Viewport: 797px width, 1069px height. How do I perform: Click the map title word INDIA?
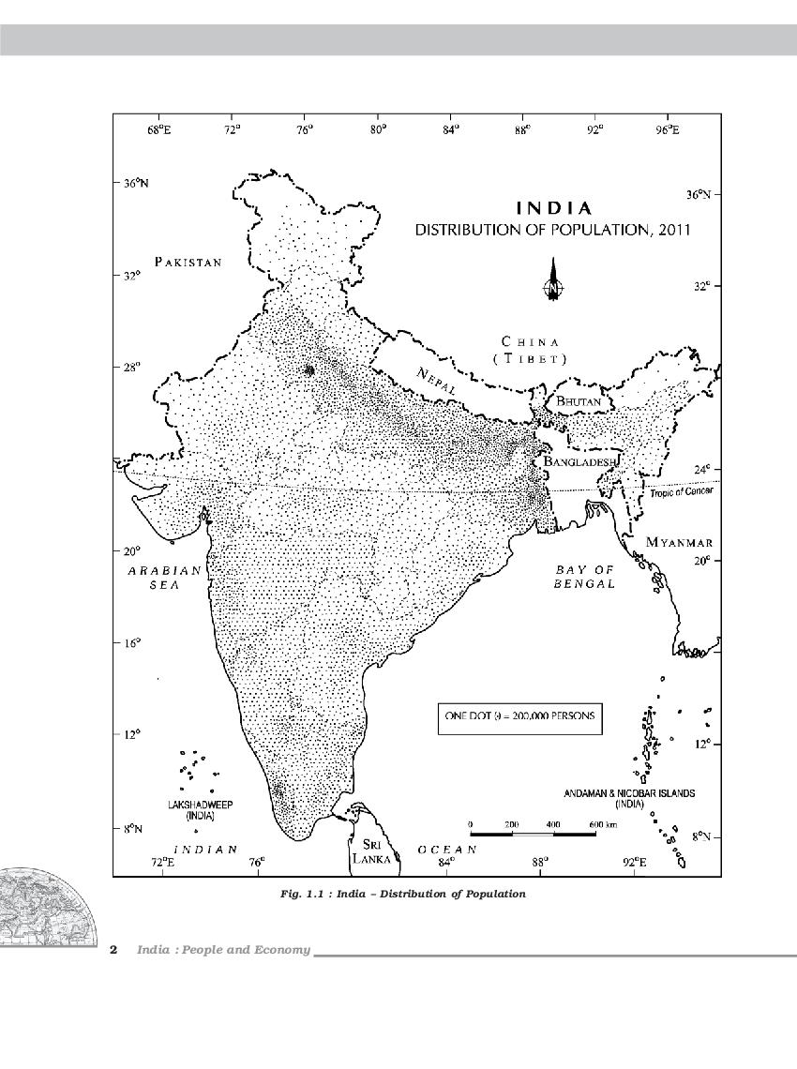tap(554, 208)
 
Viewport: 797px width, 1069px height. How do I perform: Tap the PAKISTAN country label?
tap(188, 262)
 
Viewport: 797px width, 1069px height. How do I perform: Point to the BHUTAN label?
tap(578, 401)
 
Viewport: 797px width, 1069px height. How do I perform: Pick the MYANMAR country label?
tap(679, 543)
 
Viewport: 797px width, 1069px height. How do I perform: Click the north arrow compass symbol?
tap(553, 285)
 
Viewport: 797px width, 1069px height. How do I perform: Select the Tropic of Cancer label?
tap(681, 491)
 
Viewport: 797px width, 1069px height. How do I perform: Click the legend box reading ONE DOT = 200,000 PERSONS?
tap(519, 717)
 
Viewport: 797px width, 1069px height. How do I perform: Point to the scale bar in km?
tap(533, 831)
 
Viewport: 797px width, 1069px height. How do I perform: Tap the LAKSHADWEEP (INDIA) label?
tap(201, 810)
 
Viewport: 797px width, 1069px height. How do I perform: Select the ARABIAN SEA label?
tap(165, 577)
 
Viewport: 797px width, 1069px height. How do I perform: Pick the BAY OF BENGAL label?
tap(584, 577)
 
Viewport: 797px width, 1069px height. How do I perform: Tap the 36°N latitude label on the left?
tap(136, 184)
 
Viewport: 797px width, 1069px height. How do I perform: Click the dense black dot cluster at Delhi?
tap(308, 369)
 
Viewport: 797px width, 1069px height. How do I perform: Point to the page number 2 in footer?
tap(113, 950)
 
